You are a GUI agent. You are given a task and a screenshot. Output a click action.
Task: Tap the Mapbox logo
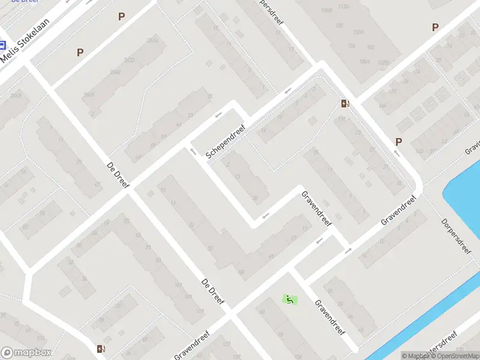tap(26, 353)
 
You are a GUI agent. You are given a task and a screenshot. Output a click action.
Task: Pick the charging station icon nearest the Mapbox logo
tap(101, 349)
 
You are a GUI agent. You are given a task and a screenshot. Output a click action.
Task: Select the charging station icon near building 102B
tap(344, 104)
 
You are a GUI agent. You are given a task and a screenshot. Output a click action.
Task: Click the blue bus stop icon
tap(2, 45)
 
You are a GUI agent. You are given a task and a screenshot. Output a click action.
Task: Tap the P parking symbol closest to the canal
tap(398, 142)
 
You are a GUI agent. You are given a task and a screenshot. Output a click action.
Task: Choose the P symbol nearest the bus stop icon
tap(80, 53)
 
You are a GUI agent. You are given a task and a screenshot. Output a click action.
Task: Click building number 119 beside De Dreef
tap(200, 310)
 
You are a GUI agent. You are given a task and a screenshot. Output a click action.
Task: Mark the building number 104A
tap(364, 61)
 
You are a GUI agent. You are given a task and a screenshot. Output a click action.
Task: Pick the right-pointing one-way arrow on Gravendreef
tap(348, 250)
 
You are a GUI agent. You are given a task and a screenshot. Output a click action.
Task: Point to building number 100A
tap(358, 32)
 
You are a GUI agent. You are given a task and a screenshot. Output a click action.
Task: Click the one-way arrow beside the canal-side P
tap(397, 153)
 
